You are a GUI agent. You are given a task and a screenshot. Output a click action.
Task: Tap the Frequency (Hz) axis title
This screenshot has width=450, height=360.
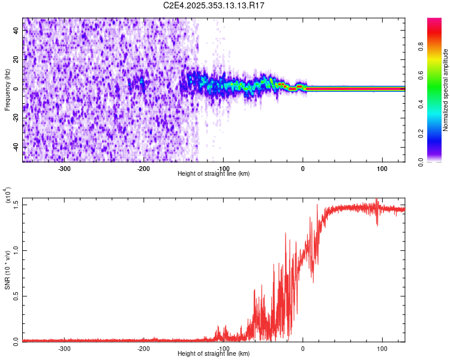pos(7,89)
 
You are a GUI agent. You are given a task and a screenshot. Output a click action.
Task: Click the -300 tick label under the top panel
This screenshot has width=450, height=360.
pos(64,169)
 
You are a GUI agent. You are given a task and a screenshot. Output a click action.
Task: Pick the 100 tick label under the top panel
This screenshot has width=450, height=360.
pos(382,169)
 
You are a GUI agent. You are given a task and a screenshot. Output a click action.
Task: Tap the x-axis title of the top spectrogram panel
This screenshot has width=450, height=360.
pos(214,174)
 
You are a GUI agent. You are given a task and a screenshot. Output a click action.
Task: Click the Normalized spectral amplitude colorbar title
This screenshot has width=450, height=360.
pos(446,90)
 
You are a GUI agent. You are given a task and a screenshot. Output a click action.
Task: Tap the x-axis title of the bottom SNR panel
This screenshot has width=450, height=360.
pos(214,353)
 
